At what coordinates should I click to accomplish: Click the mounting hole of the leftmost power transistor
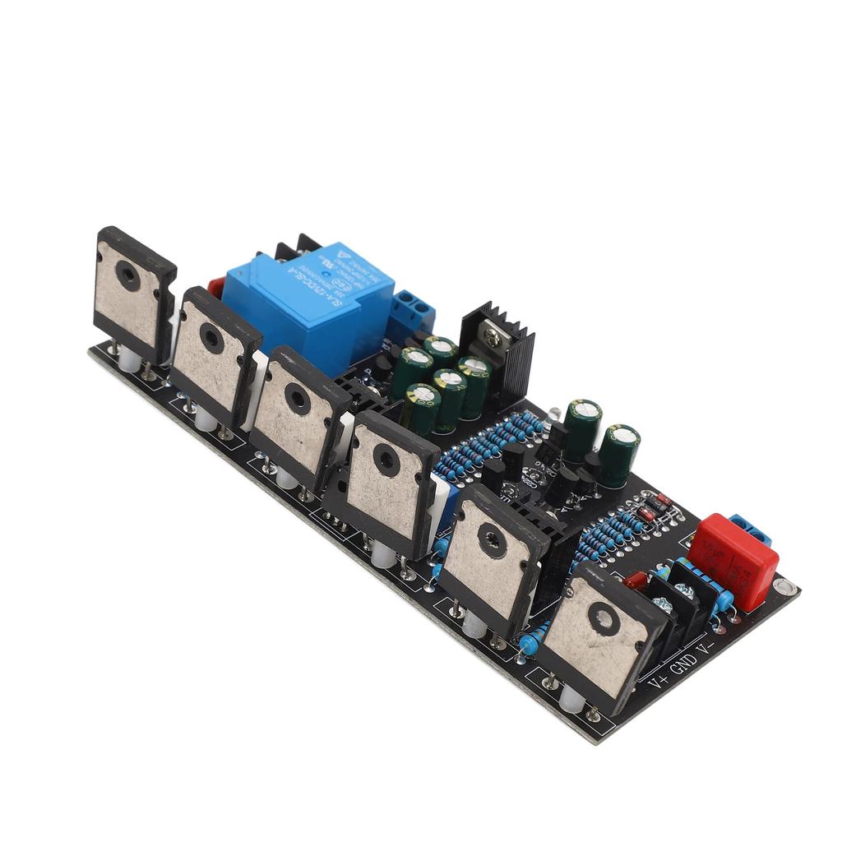point(127,275)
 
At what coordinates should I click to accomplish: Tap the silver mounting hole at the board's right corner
point(785,588)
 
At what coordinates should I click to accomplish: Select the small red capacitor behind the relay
point(216,287)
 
